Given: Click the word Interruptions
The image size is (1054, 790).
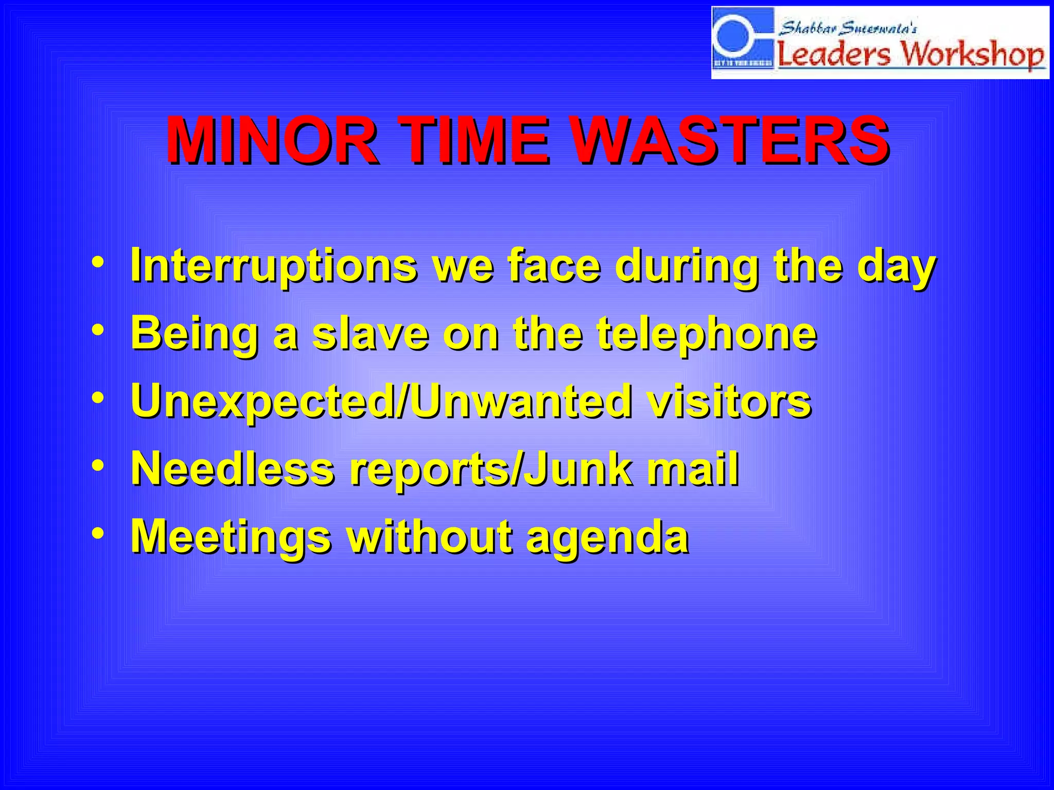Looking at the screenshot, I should [273, 266].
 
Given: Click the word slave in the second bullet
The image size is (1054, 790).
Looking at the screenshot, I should [371, 334].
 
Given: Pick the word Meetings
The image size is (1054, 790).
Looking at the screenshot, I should [231, 536].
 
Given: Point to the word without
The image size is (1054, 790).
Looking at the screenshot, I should [430, 536].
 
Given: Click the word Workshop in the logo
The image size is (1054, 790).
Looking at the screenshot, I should [973, 53].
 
